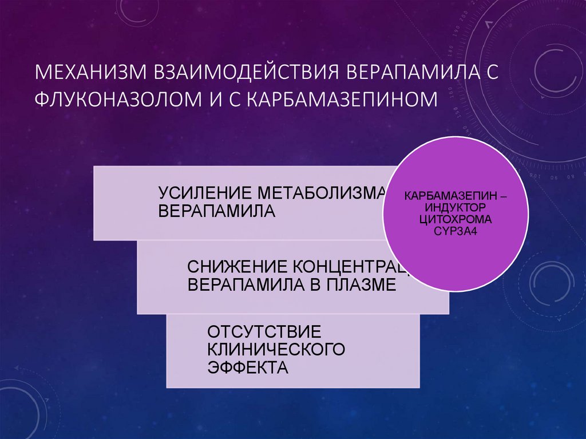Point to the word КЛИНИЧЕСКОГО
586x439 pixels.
tap(276, 349)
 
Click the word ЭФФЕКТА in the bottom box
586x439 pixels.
tap(247, 367)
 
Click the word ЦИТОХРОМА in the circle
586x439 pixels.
tap(455, 219)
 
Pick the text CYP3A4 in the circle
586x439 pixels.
tap(456, 231)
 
